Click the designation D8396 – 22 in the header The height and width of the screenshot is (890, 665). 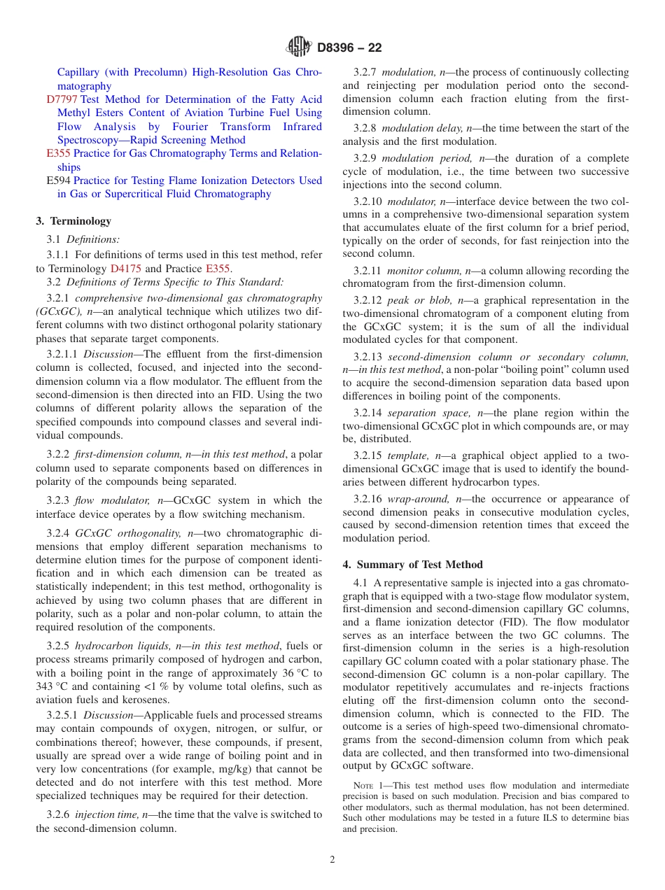349,48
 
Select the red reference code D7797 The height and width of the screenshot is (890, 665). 62,99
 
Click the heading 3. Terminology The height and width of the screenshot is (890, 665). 73,221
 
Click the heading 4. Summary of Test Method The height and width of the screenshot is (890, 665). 412,565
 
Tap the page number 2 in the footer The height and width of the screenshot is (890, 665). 332,860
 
